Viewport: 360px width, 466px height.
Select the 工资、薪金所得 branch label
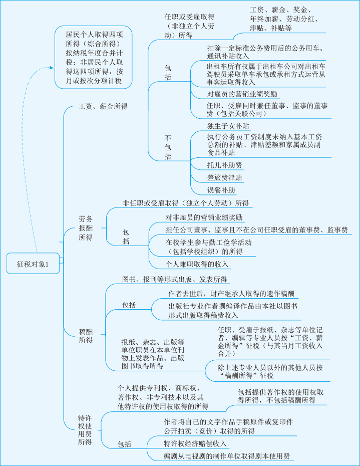[x=103, y=106]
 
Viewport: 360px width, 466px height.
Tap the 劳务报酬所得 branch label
[x=86, y=228]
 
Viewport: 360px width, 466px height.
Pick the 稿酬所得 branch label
[x=86, y=335]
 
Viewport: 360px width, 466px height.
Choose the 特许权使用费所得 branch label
[x=85, y=429]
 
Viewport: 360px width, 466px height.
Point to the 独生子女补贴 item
[x=228, y=126]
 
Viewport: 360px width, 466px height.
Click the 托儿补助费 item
[x=224, y=164]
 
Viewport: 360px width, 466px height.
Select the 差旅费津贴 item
[x=224, y=177]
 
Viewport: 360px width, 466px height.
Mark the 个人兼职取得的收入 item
[x=197, y=264]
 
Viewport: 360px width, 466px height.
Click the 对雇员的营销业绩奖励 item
[x=242, y=94]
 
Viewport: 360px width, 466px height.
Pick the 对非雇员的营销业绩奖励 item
[x=204, y=217]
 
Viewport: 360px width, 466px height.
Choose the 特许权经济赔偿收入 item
[x=195, y=443]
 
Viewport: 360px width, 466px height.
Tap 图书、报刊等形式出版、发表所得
[x=174, y=279]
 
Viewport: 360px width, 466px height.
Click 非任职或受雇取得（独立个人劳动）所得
[x=186, y=203]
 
